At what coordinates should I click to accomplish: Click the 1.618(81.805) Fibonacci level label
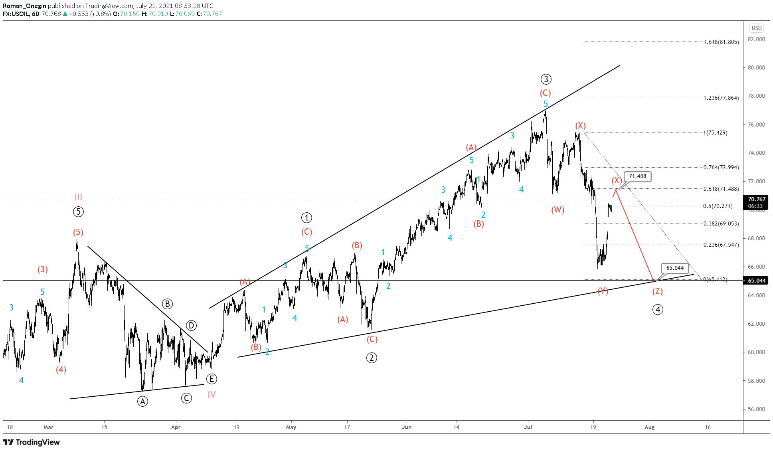[x=721, y=42]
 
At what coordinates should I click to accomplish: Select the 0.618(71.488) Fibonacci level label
[x=721, y=189]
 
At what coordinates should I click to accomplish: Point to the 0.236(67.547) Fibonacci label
[x=721, y=245]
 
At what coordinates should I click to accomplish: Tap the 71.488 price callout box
[x=637, y=176]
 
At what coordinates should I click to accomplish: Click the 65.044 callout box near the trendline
[x=674, y=268]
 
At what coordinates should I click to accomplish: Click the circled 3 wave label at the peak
[x=546, y=79]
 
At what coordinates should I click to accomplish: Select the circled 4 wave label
[x=658, y=309]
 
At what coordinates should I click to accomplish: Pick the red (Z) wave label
[x=657, y=291]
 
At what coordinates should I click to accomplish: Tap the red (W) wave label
[x=558, y=210]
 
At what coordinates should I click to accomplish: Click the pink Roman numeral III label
[x=78, y=197]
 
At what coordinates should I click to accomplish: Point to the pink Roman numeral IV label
[x=212, y=395]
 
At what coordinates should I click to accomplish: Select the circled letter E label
[x=212, y=379]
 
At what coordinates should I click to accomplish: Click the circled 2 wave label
[x=372, y=358]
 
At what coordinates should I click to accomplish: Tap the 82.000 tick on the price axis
[x=756, y=39]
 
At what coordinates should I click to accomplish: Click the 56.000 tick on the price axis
[x=756, y=409]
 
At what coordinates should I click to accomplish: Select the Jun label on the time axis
[x=406, y=427]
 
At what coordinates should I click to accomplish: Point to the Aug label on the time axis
[x=649, y=427]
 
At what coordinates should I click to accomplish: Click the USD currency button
[x=756, y=28]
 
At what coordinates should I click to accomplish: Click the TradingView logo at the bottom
[x=32, y=442]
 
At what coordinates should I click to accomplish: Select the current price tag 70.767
[x=756, y=199]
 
